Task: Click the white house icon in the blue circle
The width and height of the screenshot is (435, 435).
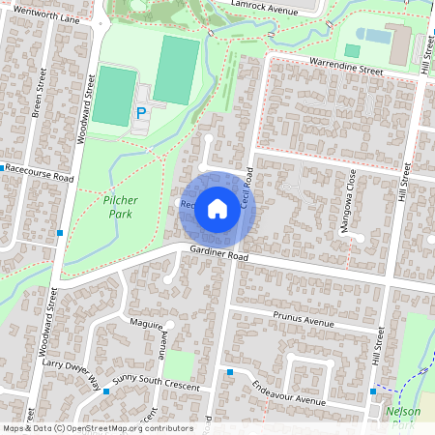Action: coord(217,209)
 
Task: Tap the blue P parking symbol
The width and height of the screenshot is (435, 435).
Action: coord(141,113)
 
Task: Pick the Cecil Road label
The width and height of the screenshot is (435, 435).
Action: coord(247,188)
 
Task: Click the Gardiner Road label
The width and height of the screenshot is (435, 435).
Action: coord(219,257)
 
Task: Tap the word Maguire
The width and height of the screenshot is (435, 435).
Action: coord(145,323)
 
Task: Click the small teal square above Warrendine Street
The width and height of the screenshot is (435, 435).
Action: coord(352,49)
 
